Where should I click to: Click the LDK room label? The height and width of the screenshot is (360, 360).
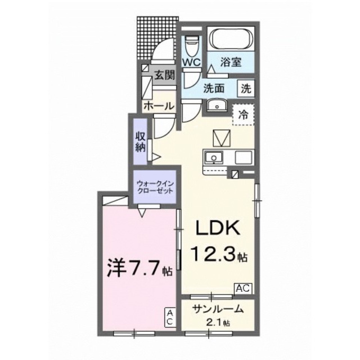point(218,229)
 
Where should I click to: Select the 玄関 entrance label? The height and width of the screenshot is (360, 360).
point(164,74)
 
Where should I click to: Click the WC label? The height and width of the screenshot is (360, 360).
point(192,62)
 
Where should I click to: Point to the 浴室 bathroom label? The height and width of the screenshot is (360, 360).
point(231,62)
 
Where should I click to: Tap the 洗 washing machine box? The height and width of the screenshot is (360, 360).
point(246,88)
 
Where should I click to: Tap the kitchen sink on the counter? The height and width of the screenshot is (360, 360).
point(213,157)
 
